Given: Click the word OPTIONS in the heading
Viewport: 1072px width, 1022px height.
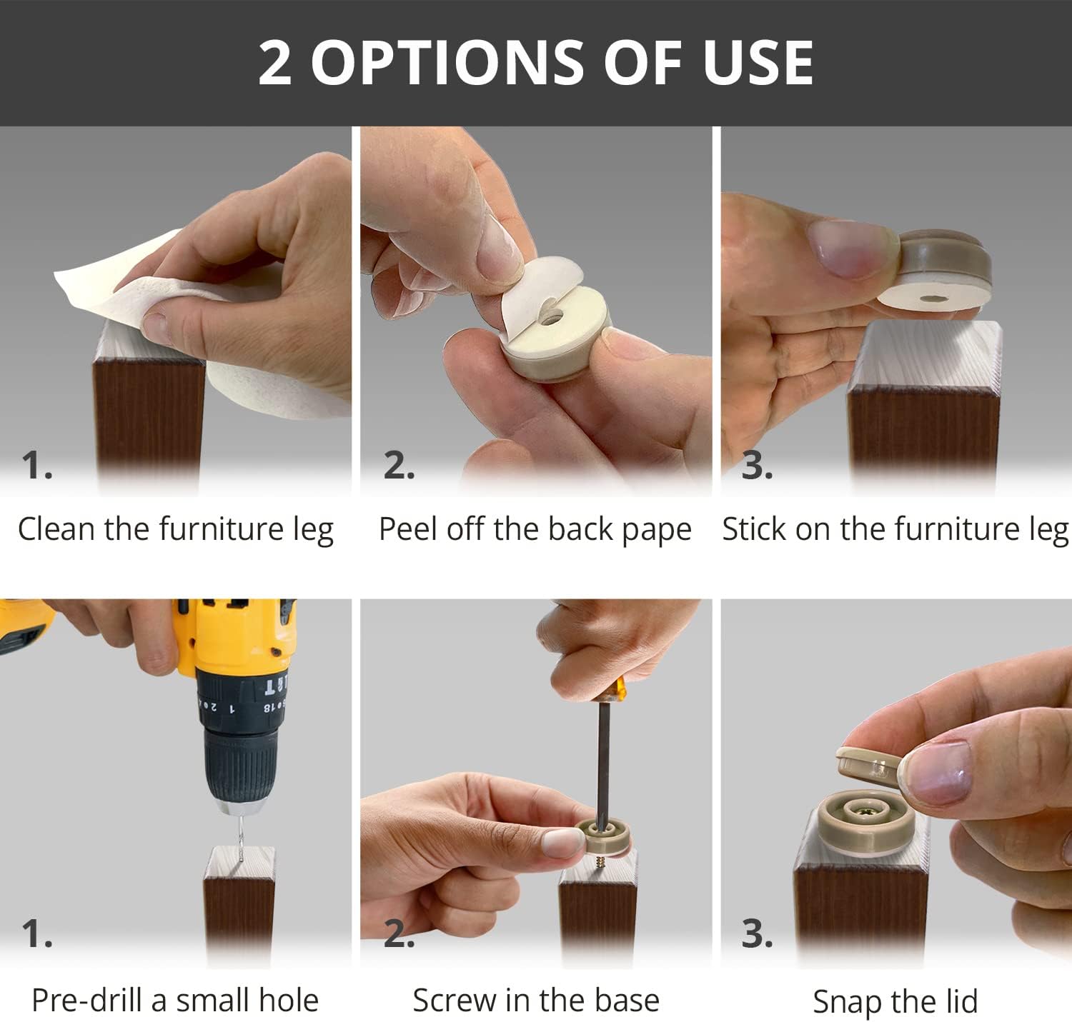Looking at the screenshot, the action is [447, 63].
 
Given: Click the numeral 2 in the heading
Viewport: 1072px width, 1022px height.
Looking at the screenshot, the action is [274, 63].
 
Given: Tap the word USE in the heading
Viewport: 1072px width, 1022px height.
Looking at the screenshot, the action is [758, 63].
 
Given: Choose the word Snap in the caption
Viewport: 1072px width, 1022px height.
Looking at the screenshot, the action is [848, 1001].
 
